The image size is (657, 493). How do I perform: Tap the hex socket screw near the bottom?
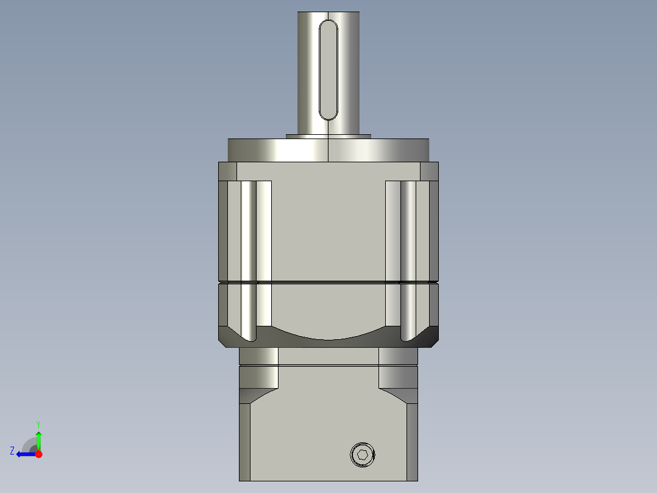point(363,455)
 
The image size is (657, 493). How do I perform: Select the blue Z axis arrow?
point(24,454)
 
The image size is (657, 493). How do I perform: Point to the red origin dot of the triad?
point(38,454)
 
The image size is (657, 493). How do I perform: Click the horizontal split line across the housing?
point(328,282)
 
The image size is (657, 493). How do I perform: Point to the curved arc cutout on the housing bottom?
point(328,334)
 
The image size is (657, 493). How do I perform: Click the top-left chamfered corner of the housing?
point(227,171)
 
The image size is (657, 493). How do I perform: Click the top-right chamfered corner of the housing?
point(429,171)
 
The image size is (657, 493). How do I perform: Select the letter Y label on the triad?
point(38,423)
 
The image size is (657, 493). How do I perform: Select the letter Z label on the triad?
point(12,450)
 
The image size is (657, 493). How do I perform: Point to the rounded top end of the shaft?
point(328,15)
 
